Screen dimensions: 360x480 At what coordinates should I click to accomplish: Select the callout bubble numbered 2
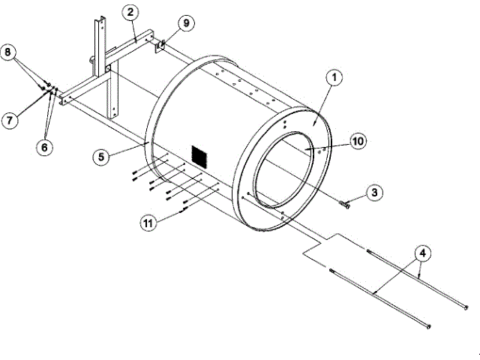pos(130,12)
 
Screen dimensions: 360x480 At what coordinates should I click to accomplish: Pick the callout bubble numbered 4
pos(423,253)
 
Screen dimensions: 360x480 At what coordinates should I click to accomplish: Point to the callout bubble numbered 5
pos(103,157)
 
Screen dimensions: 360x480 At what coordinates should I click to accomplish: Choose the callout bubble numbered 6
pos(46,147)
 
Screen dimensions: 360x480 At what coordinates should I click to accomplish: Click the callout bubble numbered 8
pos(10,53)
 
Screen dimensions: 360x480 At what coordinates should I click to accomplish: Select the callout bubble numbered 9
pos(185,23)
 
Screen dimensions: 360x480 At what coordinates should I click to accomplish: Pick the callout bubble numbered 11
pos(149,222)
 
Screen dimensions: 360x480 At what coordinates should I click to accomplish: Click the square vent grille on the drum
pos(198,156)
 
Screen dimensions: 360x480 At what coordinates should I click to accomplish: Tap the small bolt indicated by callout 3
pos(345,202)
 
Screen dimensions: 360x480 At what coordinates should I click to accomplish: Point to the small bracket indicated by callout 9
pos(162,43)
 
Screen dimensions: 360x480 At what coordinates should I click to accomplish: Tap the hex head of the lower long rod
pos(427,326)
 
